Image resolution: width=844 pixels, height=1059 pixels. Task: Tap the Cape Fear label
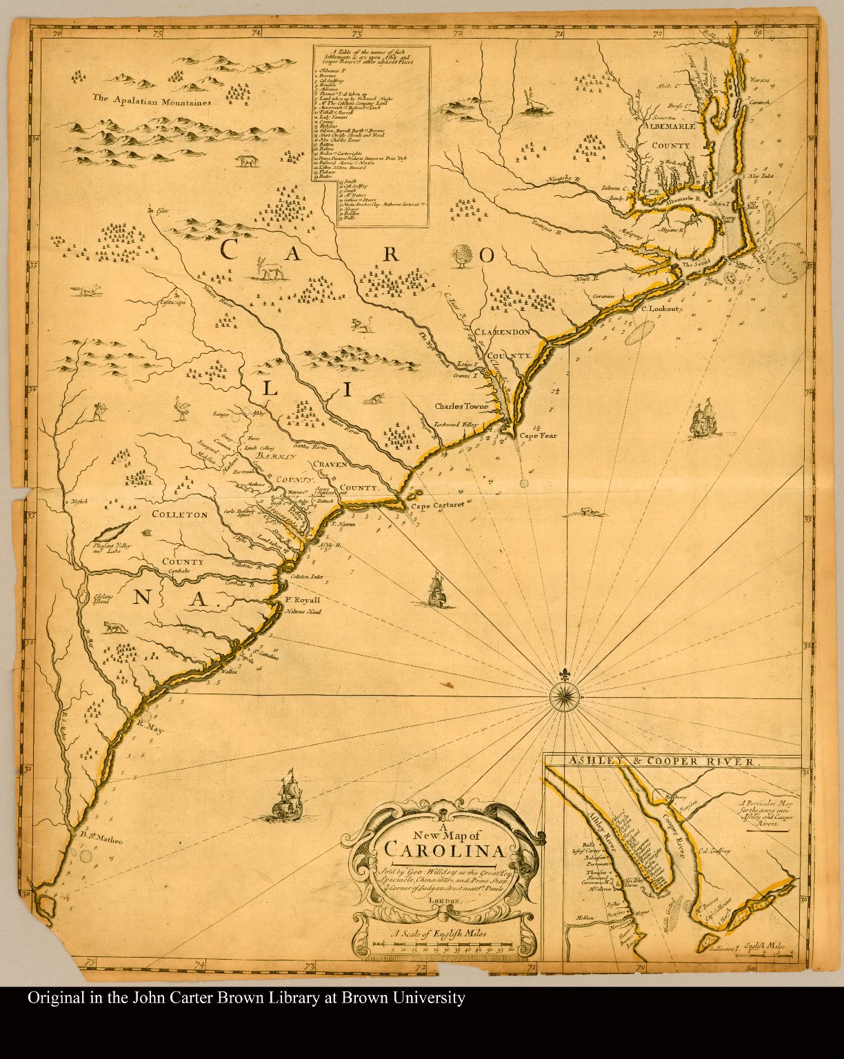(538, 436)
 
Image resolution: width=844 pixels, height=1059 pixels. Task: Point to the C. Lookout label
(661, 309)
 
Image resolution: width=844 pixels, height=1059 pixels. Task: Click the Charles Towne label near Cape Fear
(461, 406)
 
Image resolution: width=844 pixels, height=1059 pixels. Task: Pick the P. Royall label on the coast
(303, 600)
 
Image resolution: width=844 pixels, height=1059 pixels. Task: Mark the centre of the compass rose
(565, 697)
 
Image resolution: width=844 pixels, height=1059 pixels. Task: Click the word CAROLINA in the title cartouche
(445, 850)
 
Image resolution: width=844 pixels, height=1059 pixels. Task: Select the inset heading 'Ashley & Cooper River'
(663, 762)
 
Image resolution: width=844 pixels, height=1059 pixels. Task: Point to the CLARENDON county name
(502, 332)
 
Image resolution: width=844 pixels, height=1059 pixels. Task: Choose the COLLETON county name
(179, 515)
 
